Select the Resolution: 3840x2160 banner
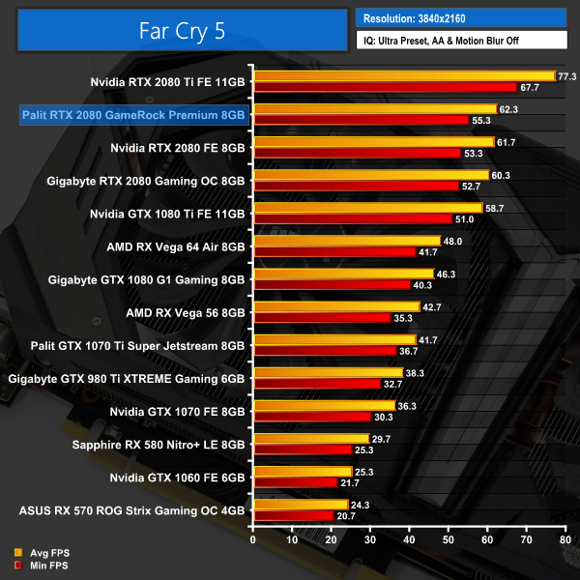click(459, 17)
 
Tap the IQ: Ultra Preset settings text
click(459, 41)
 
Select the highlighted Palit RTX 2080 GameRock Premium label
click(133, 115)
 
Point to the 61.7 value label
click(508, 142)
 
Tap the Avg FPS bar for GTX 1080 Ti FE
click(367, 208)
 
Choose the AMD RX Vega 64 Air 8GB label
click(175, 246)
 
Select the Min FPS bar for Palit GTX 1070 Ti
click(324, 351)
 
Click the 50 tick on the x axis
click(448, 539)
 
